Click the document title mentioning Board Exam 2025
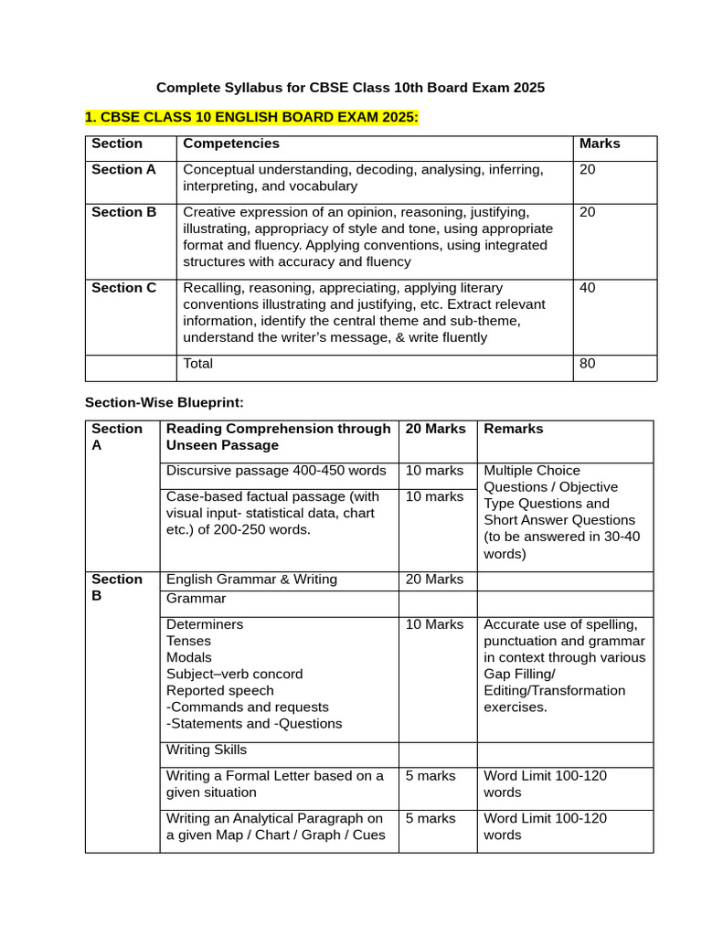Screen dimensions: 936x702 coord(350,88)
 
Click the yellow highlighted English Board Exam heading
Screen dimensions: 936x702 coord(251,118)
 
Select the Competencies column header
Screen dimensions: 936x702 coord(231,144)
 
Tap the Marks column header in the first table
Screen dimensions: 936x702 coord(600,144)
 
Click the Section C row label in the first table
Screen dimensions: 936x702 coord(124,288)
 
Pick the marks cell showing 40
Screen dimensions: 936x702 coord(588,288)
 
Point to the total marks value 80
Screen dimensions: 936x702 coord(588,364)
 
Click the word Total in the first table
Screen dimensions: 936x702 coord(198,364)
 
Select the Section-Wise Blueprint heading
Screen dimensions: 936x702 coord(165,402)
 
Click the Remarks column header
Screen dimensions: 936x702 coord(513,429)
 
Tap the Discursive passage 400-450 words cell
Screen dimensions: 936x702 coord(276,471)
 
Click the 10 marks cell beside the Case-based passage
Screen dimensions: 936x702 coord(434,496)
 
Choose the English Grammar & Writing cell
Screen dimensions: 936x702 coord(251,580)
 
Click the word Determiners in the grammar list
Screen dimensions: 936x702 coord(205,624)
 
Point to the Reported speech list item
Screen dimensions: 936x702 coord(219,690)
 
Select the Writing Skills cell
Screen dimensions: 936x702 coord(207,750)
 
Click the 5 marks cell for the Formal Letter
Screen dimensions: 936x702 coord(431,776)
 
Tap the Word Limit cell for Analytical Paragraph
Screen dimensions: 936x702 coord(545,826)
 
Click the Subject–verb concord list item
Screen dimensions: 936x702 coord(234,674)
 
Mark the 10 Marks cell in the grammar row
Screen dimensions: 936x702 coord(434,624)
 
